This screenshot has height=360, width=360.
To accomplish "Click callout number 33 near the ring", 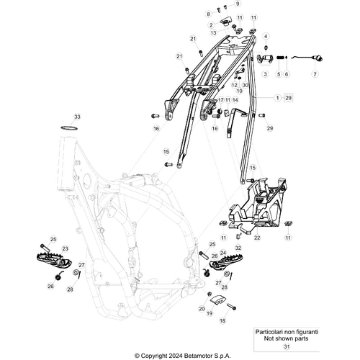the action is coord(77,117).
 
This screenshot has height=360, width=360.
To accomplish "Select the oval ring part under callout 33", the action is coord(69,128).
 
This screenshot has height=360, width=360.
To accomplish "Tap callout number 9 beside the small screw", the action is coord(238,4).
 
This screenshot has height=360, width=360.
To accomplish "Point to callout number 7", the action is coord(315,74).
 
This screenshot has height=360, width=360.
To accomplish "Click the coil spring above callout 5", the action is coord(279,58).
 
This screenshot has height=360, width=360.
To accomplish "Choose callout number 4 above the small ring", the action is coord(266,36).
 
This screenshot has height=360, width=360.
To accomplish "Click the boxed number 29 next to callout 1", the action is coord(288,98).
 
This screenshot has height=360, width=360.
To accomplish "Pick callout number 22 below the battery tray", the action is coord(257,238).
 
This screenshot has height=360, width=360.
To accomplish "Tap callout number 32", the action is coord(238,248).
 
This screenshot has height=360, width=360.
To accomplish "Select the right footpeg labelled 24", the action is coord(226,262).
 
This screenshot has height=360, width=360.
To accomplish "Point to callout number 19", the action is coord(210,313).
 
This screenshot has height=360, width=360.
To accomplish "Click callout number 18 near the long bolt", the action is coord(222,320).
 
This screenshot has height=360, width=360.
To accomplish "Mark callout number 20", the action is coord(202,309).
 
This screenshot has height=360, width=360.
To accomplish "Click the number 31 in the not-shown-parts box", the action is coord(287,346).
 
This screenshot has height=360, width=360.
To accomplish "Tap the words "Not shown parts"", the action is coord(286,338).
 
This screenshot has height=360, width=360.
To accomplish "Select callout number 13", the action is coord(213,33).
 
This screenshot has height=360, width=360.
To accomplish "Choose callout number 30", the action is coord(245,85).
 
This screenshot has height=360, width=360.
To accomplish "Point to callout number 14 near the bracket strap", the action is coord(235,100).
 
